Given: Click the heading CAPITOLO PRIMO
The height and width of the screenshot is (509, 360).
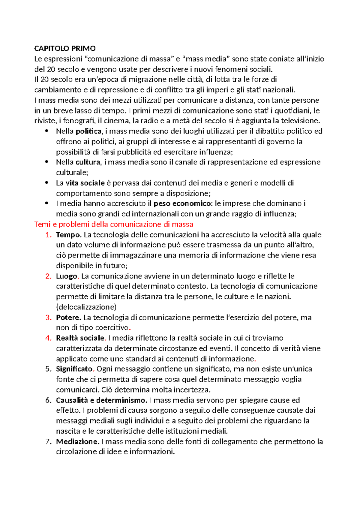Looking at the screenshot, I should point(65,49).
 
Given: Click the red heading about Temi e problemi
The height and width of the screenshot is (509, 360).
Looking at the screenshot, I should point(114,224).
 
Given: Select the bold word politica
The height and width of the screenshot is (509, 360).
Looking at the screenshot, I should point(88,131).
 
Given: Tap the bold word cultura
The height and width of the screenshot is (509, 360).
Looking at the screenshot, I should point(88,162).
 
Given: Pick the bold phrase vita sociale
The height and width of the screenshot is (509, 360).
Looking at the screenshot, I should point(85,183).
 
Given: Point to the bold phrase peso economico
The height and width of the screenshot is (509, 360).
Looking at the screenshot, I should point(182,203).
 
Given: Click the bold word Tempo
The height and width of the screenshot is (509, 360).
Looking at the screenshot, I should point(68,235).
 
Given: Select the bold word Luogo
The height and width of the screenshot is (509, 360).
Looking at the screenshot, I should point(67,276).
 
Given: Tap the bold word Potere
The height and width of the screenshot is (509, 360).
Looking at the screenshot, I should point(68,318).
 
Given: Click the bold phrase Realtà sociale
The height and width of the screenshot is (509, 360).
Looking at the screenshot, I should point(80,338).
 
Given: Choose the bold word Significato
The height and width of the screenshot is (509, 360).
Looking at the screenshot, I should point(74,369).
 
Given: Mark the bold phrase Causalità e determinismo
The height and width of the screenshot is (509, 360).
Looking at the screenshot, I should point(101,400).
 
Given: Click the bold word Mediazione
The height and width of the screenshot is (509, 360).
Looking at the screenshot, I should point(77,441).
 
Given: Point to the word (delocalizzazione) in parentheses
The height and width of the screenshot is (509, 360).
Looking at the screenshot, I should point(86,307).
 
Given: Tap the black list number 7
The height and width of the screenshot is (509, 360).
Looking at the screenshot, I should point(48,441).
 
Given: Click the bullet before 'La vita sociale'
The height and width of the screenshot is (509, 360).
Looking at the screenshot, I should point(46,182).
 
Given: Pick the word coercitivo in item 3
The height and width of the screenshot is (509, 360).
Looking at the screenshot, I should point(112,328).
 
